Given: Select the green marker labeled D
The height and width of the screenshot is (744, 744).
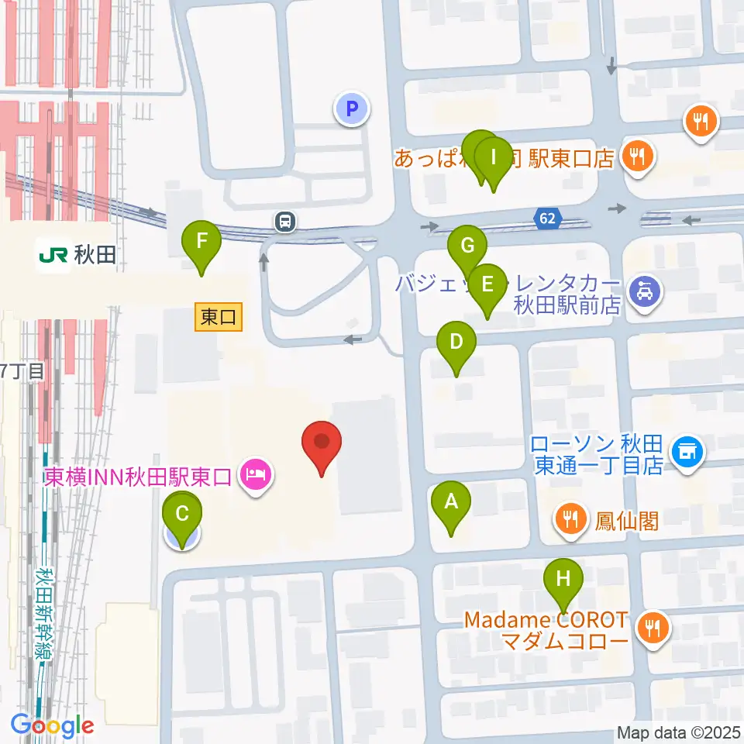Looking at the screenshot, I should [456, 343].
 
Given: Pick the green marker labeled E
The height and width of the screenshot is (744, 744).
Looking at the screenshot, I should [487, 286].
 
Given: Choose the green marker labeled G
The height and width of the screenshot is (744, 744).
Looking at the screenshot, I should [467, 248].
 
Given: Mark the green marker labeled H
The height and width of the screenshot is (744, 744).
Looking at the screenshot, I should [563, 580].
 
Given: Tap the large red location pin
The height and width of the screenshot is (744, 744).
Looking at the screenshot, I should [322, 443].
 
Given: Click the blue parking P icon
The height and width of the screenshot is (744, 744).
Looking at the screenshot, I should [352, 108].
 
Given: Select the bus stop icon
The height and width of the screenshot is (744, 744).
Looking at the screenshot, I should [286, 222].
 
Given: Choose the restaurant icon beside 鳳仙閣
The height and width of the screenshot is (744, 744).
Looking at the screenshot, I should [572, 518].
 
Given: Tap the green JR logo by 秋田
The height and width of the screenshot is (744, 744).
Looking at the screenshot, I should [53, 253].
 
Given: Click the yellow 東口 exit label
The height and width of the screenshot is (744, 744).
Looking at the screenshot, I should [219, 316].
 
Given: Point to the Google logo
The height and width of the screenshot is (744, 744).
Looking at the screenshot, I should [53, 726].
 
